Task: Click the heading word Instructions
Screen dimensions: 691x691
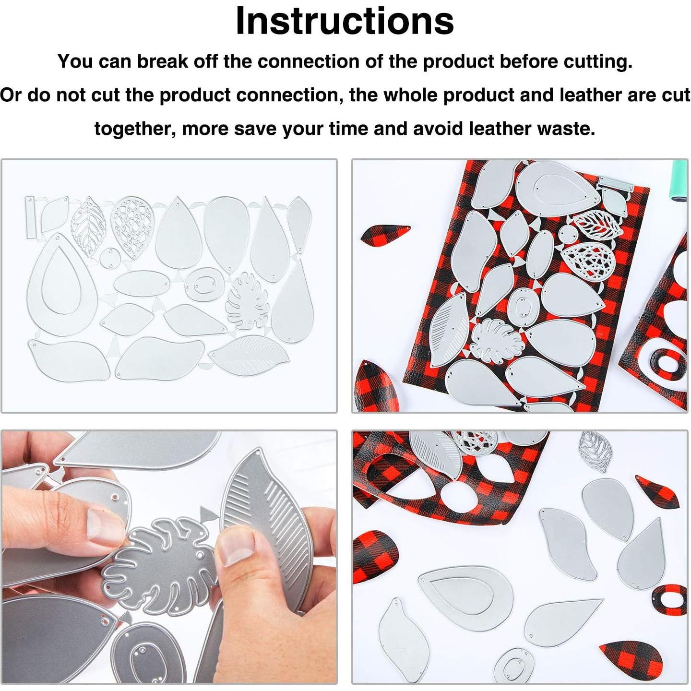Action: [345, 21]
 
